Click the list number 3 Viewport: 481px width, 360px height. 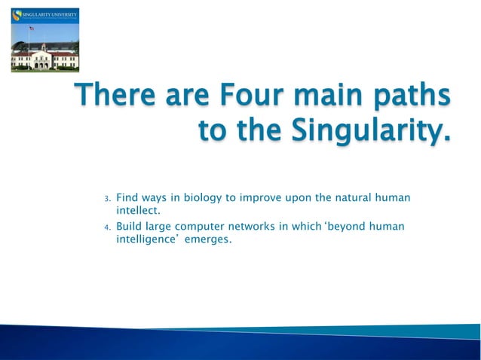(x=107, y=199)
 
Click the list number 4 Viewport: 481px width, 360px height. (x=107, y=227)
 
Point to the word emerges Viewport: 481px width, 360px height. (x=208, y=241)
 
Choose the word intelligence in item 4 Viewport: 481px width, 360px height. (x=146, y=241)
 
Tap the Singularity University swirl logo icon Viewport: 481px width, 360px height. (x=16, y=17)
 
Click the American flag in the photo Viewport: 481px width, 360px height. (x=31, y=29)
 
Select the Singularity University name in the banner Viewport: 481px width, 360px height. (x=48, y=14)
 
